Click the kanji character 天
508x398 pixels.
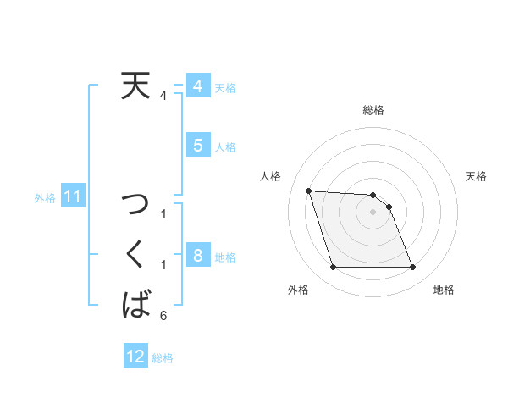135,86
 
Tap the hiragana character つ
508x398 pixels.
135,204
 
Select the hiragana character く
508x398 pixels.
135,253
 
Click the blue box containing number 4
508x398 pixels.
196,86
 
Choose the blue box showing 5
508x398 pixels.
196,146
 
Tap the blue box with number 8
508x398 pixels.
196,255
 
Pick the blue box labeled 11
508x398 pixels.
73,197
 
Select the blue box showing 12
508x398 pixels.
135,357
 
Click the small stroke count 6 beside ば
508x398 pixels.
163,316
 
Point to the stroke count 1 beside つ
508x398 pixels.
163,214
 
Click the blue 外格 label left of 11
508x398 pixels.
45,198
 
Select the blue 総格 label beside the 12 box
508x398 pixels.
163,357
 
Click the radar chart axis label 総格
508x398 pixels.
373,110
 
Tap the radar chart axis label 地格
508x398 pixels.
444,290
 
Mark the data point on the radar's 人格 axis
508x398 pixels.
308,191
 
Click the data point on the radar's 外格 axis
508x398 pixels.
333,268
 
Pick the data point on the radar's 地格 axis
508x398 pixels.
412,268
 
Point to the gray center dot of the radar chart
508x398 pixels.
373,213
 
